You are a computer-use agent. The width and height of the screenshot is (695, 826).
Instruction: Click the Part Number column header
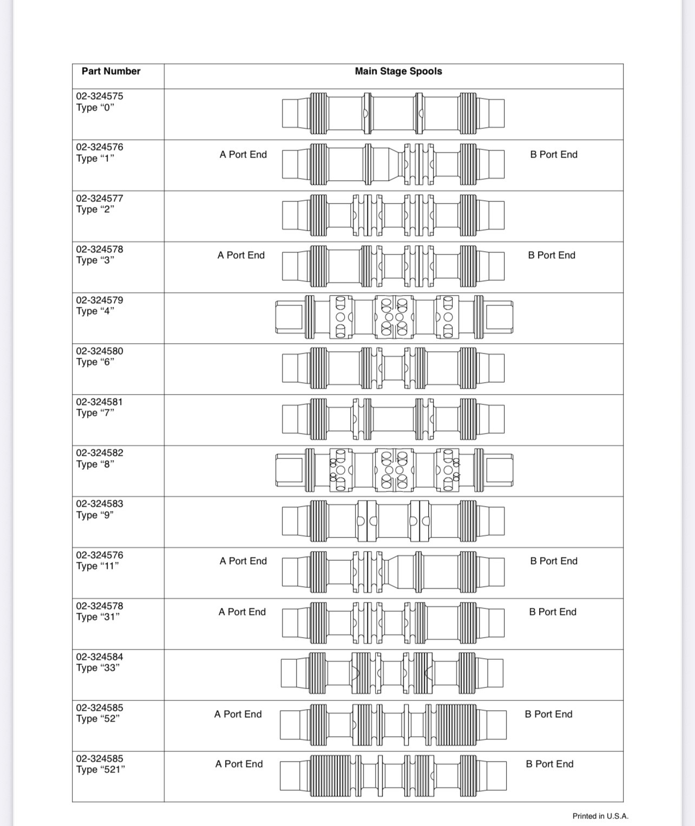111,71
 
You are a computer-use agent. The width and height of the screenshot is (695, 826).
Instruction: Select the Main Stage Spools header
398,71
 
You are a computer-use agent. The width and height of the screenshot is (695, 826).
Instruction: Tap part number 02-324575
100,96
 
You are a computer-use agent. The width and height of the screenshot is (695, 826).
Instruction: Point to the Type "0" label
95,107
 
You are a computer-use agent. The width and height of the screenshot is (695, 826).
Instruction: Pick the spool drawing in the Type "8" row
394,470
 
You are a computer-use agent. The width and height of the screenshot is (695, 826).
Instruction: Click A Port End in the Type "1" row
243,154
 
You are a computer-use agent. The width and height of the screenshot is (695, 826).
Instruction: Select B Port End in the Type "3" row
552,255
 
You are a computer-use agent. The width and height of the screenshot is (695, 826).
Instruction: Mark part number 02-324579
100,300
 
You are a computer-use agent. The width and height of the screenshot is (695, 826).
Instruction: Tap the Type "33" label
98,667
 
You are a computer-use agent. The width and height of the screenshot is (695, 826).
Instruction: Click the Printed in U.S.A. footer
600,816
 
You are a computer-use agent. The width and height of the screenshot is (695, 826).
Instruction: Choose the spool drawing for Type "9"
394,521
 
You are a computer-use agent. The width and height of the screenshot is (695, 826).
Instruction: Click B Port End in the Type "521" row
549,764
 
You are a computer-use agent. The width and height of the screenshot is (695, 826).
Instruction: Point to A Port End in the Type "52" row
238,714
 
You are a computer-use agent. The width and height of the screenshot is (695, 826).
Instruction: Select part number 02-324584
100,657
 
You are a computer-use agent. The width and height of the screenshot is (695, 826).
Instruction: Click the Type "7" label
95,412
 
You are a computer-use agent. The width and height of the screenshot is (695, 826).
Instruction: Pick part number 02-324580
100,351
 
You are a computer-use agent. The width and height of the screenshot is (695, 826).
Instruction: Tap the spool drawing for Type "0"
394,113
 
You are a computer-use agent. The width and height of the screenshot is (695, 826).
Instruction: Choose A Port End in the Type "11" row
243,561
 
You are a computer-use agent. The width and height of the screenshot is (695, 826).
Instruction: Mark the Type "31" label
98,617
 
